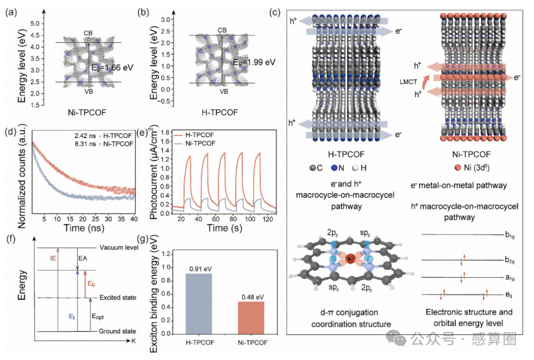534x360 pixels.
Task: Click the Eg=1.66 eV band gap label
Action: tap(112, 67)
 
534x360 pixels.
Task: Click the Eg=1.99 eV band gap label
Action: tap(254, 62)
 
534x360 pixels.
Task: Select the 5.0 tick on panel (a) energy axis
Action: tap(35, 24)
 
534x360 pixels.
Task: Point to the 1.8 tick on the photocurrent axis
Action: tap(165, 133)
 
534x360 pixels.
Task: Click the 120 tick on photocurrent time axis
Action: tap(267, 219)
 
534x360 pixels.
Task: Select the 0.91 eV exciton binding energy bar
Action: tap(199, 304)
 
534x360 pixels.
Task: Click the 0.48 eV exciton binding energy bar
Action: tap(251, 317)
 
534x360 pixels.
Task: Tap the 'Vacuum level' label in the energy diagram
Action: tap(119, 247)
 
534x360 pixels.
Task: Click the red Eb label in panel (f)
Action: tap(91, 284)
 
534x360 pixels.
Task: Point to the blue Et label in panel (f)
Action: tap(72, 317)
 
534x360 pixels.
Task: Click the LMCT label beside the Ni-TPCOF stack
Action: tap(408, 82)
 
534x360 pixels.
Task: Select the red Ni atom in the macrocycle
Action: tap(350, 259)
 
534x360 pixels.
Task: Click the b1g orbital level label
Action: tap(509, 235)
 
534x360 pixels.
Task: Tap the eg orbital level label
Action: tap(508, 295)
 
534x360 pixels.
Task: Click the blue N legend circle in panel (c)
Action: tap(334, 168)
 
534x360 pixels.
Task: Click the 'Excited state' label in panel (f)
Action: tap(118, 297)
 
